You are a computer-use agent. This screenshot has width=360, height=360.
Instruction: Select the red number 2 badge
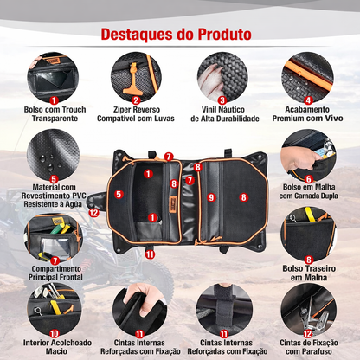pyautogui.click(x=136, y=100)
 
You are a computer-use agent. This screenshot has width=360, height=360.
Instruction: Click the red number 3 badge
pyautogui.click(x=222, y=100)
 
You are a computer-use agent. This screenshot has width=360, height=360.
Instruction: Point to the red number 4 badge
pyautogui.click(x=308, y=100)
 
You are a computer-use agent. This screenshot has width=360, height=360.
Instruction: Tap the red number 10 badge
pyautogui.click(x=54, y=332)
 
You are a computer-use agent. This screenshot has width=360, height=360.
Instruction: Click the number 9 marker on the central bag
pyautogui.click(x=210, y=197)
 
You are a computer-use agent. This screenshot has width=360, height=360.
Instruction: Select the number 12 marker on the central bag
pyautogui.click(x=93, y=212)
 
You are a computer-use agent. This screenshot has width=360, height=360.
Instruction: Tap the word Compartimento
pyautogui.click(x=54, y=268)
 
